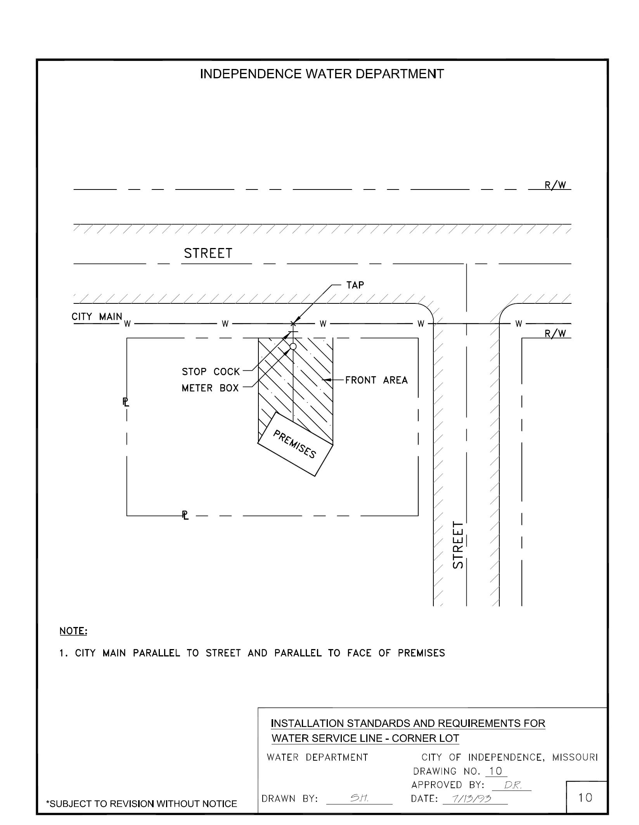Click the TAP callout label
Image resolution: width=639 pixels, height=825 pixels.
tap(355, 285)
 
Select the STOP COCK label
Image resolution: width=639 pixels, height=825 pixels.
tap(211, 372)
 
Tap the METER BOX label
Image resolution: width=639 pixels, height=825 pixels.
tap(210, 388)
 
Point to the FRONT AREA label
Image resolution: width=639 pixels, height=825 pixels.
tap(376, 380)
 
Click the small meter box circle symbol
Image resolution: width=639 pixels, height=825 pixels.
tap(293, 346)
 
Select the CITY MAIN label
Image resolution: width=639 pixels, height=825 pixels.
tap(97, 317)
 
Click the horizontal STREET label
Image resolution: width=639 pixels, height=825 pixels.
tap(208, 253)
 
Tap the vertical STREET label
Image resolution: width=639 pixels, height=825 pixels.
tap(458, 545)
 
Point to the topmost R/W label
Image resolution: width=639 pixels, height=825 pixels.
tap(555, 185)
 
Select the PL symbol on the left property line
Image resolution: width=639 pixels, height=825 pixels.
tap(126, 402)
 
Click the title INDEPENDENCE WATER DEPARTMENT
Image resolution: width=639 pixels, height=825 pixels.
tap(322, 74)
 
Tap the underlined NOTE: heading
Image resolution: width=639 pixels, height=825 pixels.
tap(73, 631)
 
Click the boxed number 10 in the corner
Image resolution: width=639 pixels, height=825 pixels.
tap(585, 797)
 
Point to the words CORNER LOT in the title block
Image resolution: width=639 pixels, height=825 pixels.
tap(425, 738)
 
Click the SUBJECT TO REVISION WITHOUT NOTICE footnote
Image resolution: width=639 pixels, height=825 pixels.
tap(142, 804)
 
